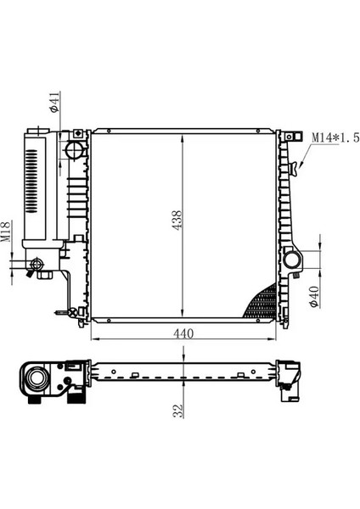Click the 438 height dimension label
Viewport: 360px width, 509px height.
(x=177, y=221)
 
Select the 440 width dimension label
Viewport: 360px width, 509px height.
(x=183, y=333)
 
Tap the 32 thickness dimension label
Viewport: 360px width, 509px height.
(x=178, y=411)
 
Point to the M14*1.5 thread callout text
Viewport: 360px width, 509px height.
(x=335, y=137)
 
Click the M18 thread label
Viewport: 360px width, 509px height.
(x=6, y=232)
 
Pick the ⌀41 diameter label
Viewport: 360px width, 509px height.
(x=54, y=102)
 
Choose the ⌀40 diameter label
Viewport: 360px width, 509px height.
(x=313, y=297)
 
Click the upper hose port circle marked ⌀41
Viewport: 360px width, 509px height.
(x=75, y=150)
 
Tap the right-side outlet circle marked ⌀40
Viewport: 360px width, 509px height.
(x=292, y=260)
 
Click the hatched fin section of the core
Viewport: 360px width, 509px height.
(x=263, y=303)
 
